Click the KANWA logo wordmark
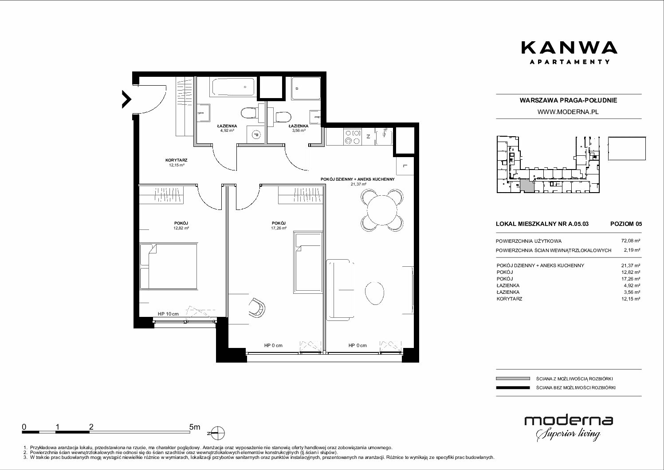coord(569,48)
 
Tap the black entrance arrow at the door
coord(127,99)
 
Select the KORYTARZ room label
coord(177,160)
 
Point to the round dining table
coord(382,210)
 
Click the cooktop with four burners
coord(353,137)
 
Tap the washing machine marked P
coord(255,135)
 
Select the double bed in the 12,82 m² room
coord(169,266)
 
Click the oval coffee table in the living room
coord(374,292)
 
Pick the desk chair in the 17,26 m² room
coord(256,308)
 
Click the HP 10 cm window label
coord(168,314)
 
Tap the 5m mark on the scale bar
coord(195,427)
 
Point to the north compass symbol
coord(217,433)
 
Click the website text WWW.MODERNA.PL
coord(568,112)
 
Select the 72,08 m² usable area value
coord(630,241)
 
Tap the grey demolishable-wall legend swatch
coord(513,379)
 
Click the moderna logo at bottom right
coord(569,428)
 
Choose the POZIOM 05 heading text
coord(626,224)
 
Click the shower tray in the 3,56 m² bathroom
coord(306,88)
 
